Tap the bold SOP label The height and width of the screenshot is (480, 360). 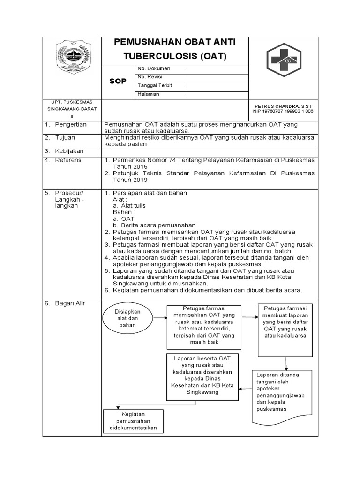coord(118,81)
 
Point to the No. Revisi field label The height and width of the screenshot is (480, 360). coord(150,77)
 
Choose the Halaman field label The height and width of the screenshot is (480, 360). coord(148,94)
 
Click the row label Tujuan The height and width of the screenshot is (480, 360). coord(65,138)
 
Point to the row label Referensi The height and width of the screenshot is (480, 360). coord(68,160)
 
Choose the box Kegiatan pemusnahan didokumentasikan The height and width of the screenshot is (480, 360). coord(133,421)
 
